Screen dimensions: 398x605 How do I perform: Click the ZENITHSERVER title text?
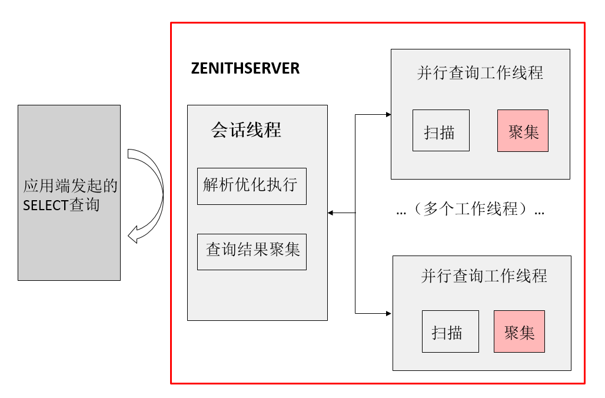click(245, 68)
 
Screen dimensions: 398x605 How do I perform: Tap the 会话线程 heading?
click(246, 130)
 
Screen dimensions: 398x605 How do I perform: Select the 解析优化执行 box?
click(251, 186)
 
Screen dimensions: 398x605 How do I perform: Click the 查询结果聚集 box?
click(251, 251)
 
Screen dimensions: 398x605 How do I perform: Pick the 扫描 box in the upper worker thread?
click(440, 131)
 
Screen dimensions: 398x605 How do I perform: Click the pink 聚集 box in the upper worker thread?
click(523, 131)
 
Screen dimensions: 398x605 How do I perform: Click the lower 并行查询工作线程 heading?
click(484, 276)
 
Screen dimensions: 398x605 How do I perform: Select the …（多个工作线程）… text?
click(470, 209)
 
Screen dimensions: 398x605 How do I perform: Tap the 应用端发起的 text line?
click(70, 186)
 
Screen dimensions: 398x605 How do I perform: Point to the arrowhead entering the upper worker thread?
click(388, 114)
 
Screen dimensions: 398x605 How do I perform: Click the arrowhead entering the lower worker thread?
click(388, 313)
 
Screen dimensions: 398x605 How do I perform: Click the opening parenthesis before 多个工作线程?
click(417, 209)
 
